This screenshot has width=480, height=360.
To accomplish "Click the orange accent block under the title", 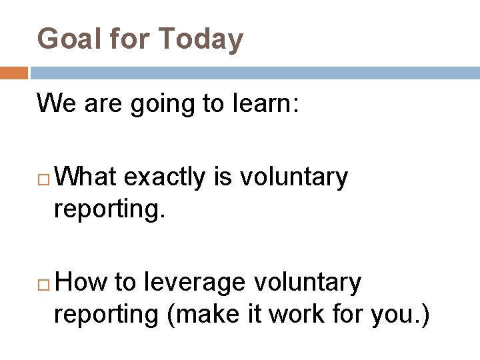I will [13, 72].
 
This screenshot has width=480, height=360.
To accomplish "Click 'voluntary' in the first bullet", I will [293, 178].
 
